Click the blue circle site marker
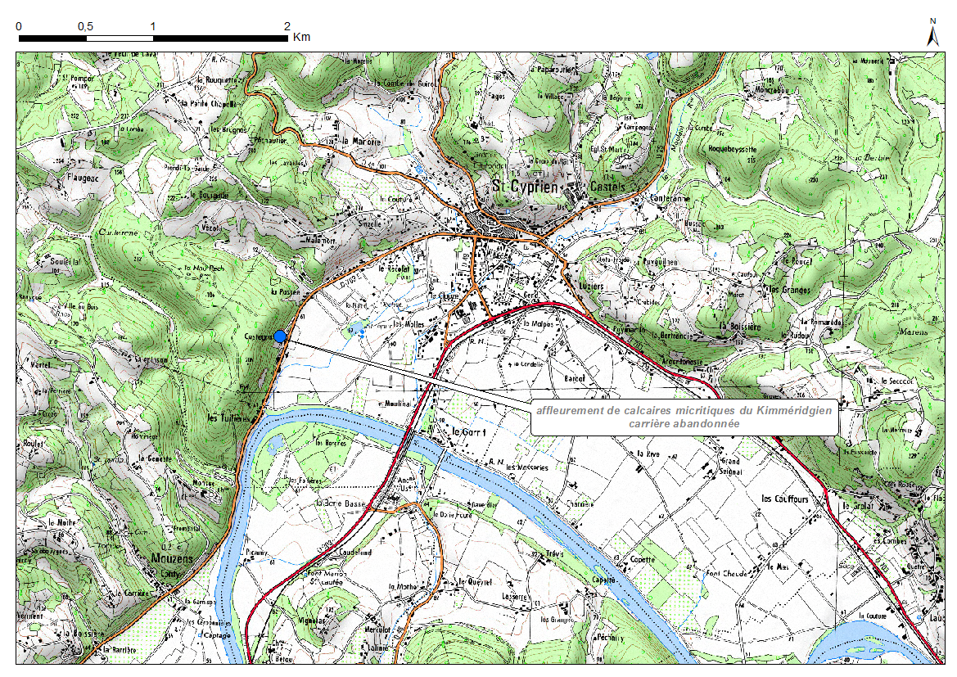pyautogui.click(x=280, y=336)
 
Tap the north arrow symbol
pyautogui.click(x=932, y=33)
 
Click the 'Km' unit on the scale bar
pyautogui.click(x=301, y=37)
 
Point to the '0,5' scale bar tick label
pyautogui.click(x=85, y=26)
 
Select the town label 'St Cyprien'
pyautogui.click(x=524, y=187)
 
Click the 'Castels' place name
pyautogui.click(x=606, y=187)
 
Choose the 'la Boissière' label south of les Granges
pyautogui.click(x=740, y=326)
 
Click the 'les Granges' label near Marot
pyautogui.click(x=787, y=290)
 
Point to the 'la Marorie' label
pyautogui.click(x=362, y=141)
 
